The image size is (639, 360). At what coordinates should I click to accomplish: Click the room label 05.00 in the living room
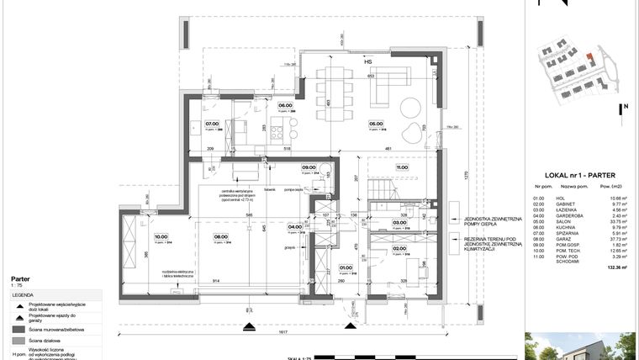pyautogui.click(x=376, y=126)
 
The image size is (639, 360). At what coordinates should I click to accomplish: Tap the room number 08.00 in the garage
pyautogui.click(x=221, y=236)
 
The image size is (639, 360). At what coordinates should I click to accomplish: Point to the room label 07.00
pyautogui.click(x=212, y=124)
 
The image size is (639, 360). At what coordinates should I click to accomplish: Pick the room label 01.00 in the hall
pyautogui.click(x=346, y=267)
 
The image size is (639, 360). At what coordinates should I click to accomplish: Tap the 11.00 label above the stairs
pyautogui.click(x=402, y=167)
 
